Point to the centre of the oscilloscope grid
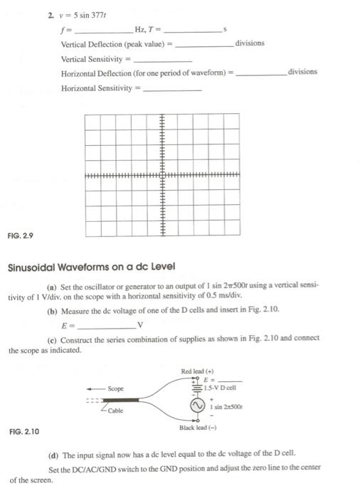click(163, 175)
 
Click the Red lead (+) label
click(198, 371)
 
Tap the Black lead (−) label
click(198, 428)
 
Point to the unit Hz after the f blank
click(139, 29)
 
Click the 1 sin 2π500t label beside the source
click(221, 406)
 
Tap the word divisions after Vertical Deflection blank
click(249, 43)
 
